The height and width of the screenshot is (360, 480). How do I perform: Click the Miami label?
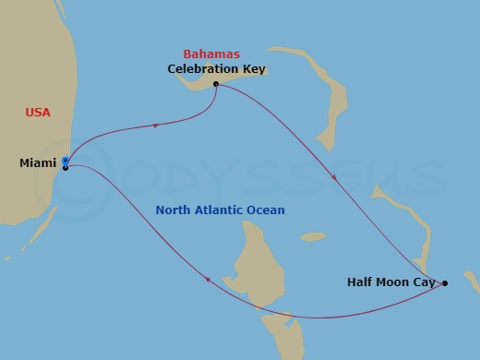[x=38, y=163]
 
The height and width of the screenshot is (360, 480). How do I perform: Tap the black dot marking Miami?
[x=66, y=167]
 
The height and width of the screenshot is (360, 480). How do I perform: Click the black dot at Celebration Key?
[x=215, y=84]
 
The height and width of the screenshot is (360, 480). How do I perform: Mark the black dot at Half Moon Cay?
[x=445, y=283]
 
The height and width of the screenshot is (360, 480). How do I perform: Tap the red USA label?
[x=38, y=113]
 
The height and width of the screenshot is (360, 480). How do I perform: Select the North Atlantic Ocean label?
[x=220, y=210]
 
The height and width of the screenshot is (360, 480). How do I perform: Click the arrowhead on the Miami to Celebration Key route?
[x=157, y=125]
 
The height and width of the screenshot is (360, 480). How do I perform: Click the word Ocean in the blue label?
[x=267, y=210]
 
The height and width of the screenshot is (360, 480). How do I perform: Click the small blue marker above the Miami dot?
[x=65, y=160]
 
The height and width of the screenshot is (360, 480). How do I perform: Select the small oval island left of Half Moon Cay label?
[x=313, y=237]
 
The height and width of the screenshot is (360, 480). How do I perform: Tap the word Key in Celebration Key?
[x=243, y=69]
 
